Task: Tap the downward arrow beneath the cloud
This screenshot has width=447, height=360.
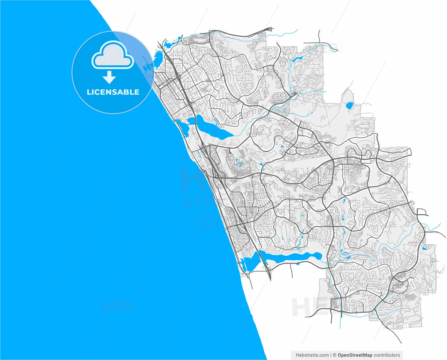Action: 109,77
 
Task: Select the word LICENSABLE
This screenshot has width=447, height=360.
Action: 113,92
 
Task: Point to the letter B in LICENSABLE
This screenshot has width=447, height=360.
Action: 126,92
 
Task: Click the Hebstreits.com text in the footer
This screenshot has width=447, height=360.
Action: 312,355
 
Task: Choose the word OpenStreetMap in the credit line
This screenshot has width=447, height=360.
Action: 355,355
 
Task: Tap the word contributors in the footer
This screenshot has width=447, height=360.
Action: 387,355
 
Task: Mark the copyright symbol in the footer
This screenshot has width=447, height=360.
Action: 334,355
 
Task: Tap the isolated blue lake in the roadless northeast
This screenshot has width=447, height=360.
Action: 349,105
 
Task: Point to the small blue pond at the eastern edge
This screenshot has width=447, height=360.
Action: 425,249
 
